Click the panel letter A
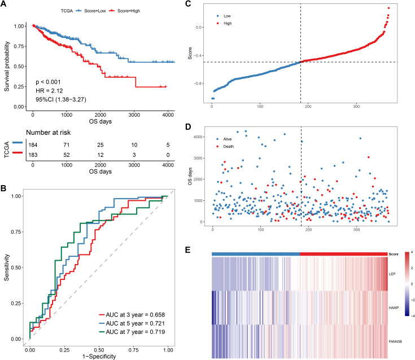pos(3,5)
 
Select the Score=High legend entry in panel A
pos(125,11)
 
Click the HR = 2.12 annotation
pos(49,91)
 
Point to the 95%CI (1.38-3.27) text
pos(61,99)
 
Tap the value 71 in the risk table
pos(67,144)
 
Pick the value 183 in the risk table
pos(33,155)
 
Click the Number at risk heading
pos(48,133)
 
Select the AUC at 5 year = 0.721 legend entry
pos(132,323)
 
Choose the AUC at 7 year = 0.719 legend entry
pos(132,332)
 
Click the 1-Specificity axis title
pos(99,356)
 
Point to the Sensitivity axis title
pos(7,267)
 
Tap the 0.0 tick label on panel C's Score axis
pos(199,27)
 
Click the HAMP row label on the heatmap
pos(394,308)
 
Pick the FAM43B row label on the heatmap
pos(395,341)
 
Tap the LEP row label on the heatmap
pos(392,274)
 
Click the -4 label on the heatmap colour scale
pos(412,316)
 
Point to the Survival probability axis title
pos(7,66)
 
